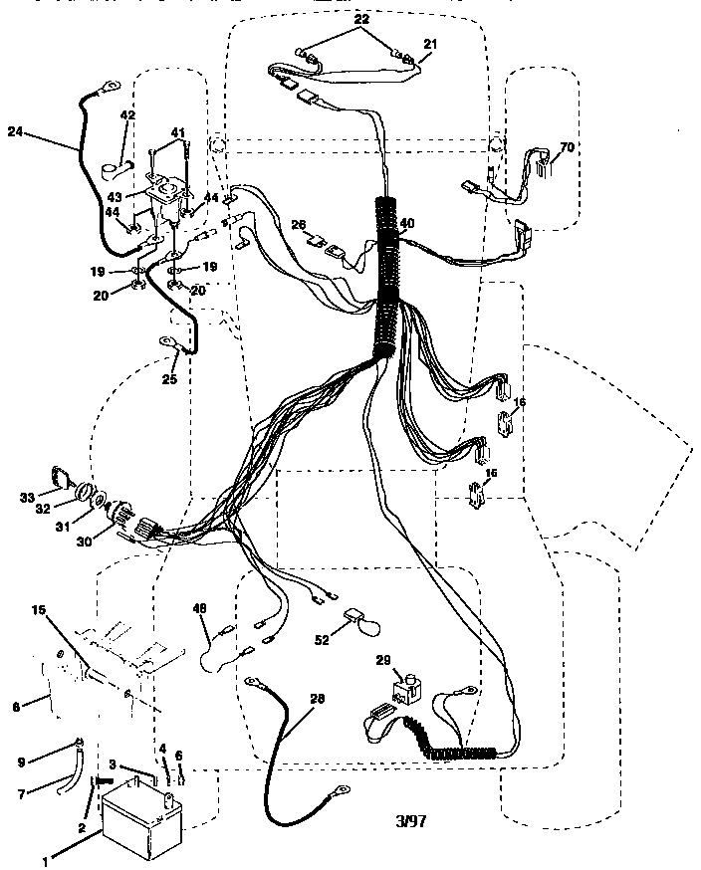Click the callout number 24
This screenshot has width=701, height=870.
[x=15, y=130]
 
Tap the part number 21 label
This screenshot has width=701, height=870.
[x=430, y=44]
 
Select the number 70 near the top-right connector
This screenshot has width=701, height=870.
[x=567, y=147]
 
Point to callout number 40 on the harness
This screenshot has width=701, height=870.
[x=406, y=223]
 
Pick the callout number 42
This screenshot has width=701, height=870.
[x=127, y=115]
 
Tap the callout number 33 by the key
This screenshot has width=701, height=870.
[x=27, y=497]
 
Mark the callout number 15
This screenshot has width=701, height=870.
[x=38, y=609]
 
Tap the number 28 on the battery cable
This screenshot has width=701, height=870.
[x=317, y=699]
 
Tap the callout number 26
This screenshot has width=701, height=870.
[x=298, y=225]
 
